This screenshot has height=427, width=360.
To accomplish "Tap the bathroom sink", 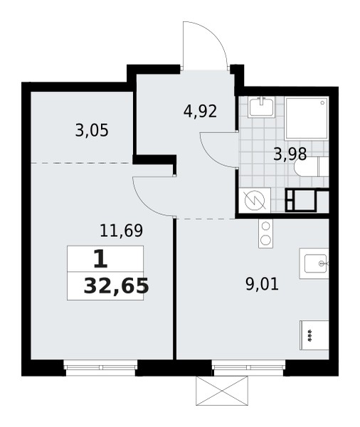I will point(261,107).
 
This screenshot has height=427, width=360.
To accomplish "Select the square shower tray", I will point(307,118).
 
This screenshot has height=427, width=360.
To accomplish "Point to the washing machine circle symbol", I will point(254,201).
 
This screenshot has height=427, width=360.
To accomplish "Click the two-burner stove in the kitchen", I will point(265,233).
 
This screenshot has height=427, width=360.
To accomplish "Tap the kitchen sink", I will point(315,263).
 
